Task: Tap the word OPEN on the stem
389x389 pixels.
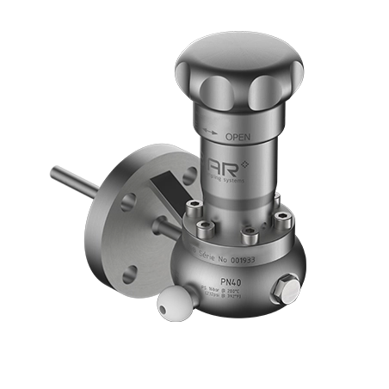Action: (238, 137)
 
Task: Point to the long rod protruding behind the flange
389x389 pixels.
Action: (74, 179)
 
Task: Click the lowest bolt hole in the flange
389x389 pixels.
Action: (128, 274)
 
